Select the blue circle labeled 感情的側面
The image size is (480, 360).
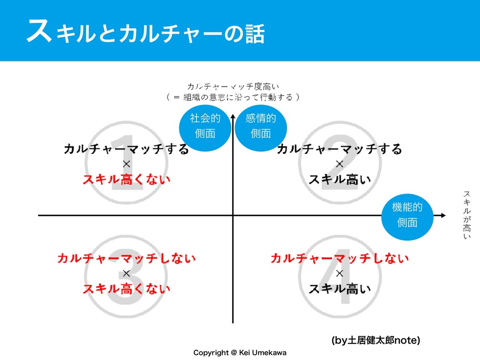point(260,126)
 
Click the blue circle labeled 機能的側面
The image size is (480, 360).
point(406,214)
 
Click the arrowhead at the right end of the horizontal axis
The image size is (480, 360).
point(442,216)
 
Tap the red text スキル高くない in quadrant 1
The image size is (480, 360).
point(127,180)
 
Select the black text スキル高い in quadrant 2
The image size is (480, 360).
point(340,180)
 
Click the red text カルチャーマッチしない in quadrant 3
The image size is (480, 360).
point(127,258)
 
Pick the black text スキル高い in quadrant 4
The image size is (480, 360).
point(340,288)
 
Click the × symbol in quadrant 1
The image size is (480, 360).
point(127,164)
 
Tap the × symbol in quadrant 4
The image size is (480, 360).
point(340,273)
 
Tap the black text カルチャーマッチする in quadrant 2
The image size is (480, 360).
point(340,149)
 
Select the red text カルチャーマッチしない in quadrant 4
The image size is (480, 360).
point(340,258)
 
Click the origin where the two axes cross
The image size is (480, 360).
point(232,216)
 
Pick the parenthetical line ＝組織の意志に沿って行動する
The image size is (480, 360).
point(233,97)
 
